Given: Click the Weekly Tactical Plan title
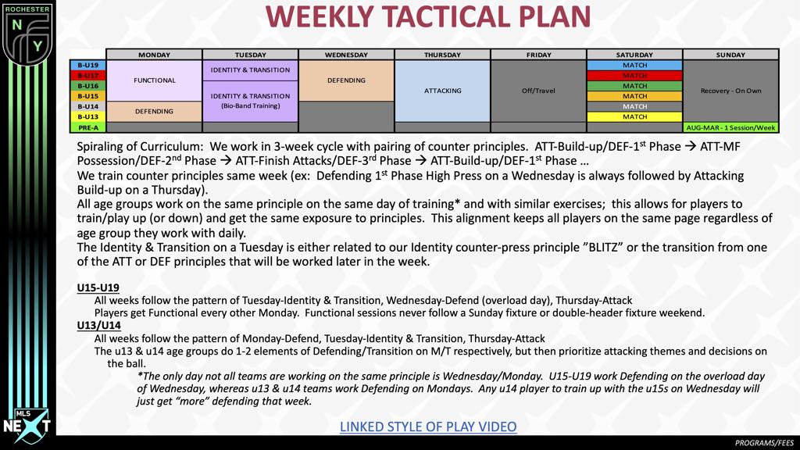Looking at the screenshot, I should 427,17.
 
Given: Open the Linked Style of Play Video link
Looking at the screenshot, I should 428,426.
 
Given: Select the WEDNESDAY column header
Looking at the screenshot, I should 346,55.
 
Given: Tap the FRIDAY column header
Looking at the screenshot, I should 538,55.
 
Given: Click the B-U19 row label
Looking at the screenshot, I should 88,66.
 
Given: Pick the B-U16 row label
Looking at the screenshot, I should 88,86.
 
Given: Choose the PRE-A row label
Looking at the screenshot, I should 88,127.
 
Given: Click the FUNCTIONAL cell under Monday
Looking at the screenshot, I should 155,80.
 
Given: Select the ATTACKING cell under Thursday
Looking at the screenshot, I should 443,91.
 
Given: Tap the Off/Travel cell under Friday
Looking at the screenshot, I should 538,91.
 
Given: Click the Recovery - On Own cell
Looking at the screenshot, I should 730,91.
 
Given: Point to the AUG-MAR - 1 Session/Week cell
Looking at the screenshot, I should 730,127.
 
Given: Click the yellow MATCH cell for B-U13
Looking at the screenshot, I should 634,117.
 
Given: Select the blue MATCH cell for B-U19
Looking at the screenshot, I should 634,66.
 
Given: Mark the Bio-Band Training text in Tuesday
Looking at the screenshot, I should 250,105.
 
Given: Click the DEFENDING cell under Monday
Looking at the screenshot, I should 155,112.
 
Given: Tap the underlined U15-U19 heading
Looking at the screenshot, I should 98,288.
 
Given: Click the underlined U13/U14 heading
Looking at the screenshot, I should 99,325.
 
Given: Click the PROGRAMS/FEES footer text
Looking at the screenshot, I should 763,443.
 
